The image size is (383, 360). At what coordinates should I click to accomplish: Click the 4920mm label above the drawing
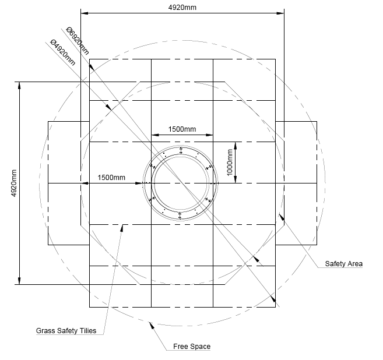182,6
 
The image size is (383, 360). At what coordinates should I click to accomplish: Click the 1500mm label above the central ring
182,129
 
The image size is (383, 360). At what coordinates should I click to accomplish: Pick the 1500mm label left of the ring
111,177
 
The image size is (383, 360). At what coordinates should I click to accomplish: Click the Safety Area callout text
343,264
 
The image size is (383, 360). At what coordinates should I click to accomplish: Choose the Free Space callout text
192,347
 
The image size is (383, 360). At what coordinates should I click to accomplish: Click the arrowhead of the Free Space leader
152,324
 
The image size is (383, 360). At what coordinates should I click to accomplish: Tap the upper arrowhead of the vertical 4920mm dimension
20,84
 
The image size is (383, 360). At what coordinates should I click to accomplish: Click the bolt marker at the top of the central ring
181,150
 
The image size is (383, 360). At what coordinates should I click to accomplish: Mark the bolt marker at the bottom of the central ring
181,217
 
